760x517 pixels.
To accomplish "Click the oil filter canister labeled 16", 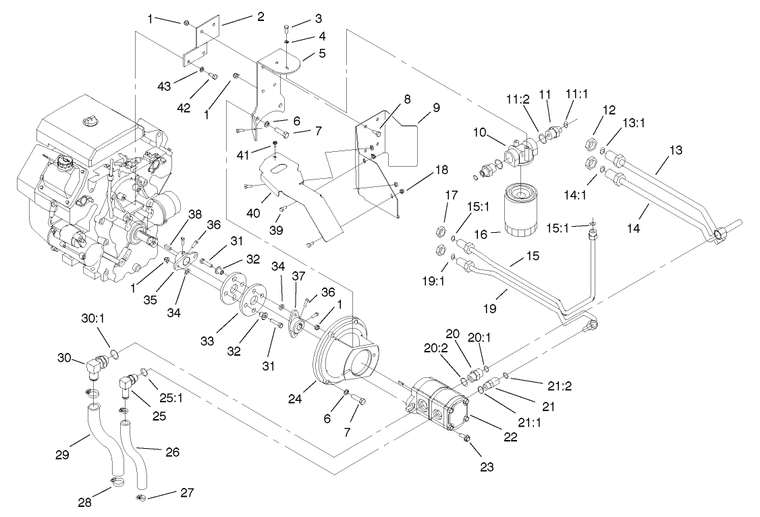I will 524,212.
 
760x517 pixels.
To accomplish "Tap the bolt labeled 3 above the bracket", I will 288,27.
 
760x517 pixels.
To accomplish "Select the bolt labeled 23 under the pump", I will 465,437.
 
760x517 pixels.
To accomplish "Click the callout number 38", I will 194,214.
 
